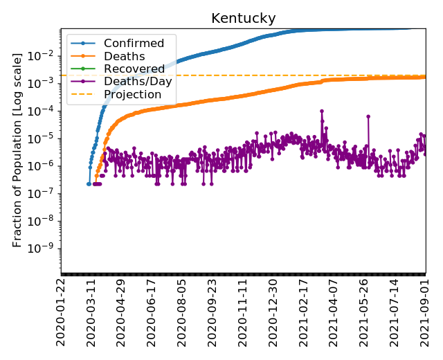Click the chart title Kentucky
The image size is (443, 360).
click(244, 18)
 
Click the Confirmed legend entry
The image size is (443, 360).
click(134, 44)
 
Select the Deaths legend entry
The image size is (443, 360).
click(124, 56)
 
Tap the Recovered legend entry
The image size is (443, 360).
click(134, 69)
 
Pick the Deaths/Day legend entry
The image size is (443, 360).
click(138, 82)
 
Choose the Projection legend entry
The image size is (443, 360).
click(132, 94)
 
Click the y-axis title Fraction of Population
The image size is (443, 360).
click(18, 149)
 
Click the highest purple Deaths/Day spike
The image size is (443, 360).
click(322, 111)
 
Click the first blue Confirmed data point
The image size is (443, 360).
click(89, 183)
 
